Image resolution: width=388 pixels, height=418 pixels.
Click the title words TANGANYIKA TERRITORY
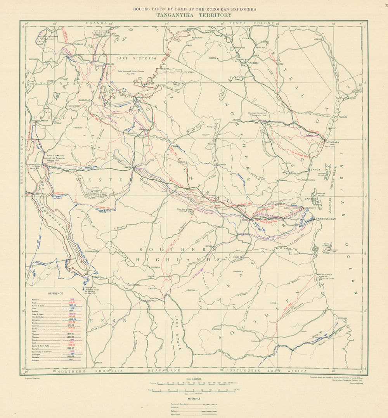[x=194, y=15]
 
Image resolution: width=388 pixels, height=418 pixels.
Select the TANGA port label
[x=315, y=170]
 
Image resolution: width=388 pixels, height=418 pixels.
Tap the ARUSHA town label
[x=237, y=120]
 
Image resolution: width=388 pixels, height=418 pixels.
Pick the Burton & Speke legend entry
[x=41, y=306]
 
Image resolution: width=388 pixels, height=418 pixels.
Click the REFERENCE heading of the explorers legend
[x=56, y=293]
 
